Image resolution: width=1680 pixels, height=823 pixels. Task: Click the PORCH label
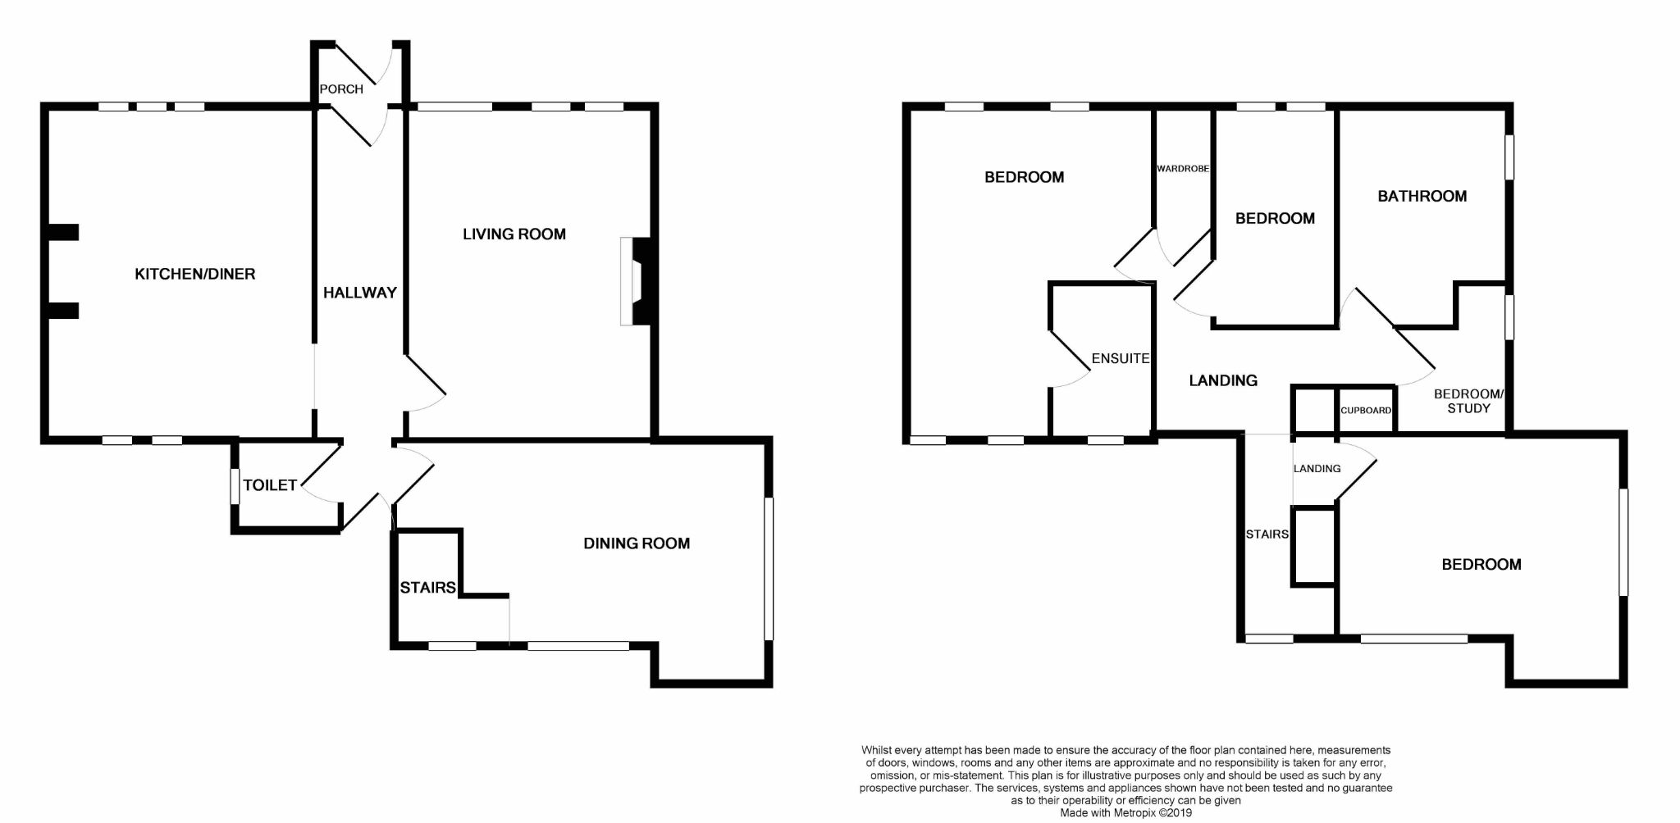point(341,89)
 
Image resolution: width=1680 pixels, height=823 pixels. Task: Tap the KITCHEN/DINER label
point(195,274)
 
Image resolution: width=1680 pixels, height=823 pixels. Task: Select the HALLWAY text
point(360,293)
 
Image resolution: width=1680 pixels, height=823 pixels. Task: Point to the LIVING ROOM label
point(514,234)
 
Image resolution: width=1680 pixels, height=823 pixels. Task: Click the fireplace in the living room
point(635,281)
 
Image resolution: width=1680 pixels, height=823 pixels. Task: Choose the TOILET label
point(270,485)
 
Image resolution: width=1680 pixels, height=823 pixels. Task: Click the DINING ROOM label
point(637,543)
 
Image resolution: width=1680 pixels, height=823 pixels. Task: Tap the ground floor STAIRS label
point(427,588)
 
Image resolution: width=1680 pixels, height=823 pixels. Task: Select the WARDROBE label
point(1183,169)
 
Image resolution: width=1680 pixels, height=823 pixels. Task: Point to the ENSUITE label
point(1121,358)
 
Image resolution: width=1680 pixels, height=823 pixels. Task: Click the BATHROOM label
point(1422,196)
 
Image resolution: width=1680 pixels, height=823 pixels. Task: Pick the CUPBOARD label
point(1366,410)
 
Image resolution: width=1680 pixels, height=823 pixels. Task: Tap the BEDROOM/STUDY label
point(1468,401)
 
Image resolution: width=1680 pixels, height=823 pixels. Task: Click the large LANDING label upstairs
point(1223,380)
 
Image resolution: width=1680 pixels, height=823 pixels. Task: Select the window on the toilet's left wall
point(235,485)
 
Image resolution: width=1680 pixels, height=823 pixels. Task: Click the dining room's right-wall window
point(769,568)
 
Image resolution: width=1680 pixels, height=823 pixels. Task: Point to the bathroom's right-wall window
point(1509,156)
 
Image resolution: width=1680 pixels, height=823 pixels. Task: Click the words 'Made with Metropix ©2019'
point(1125,813)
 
